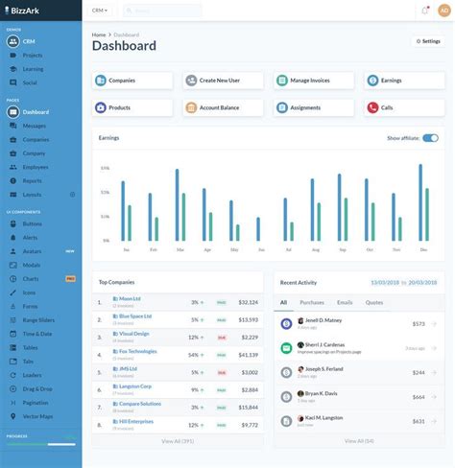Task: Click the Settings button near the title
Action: [x=427, y=41]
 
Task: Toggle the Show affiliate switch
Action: [x=430, y=138]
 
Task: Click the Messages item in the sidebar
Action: [x=35, y=126]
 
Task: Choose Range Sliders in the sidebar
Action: [x=38, y=319]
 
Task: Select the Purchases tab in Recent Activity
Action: [x=312, y=302]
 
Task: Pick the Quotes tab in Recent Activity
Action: [x=374, y=302]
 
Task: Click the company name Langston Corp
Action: [x=132, y=386]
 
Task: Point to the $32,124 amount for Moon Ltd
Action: [x=248, y=302]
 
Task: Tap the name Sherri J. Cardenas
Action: [x=326, y=343]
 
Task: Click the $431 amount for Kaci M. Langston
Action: [x=418, y=421]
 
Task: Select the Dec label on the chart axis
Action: [x=423, y=249]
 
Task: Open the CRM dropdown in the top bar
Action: [x=100, y=11]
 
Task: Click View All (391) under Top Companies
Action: [x=178, y=441]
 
